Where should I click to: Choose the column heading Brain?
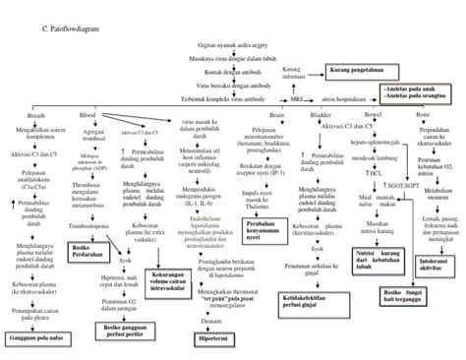click(278, 116)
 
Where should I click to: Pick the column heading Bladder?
click(320, 116)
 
